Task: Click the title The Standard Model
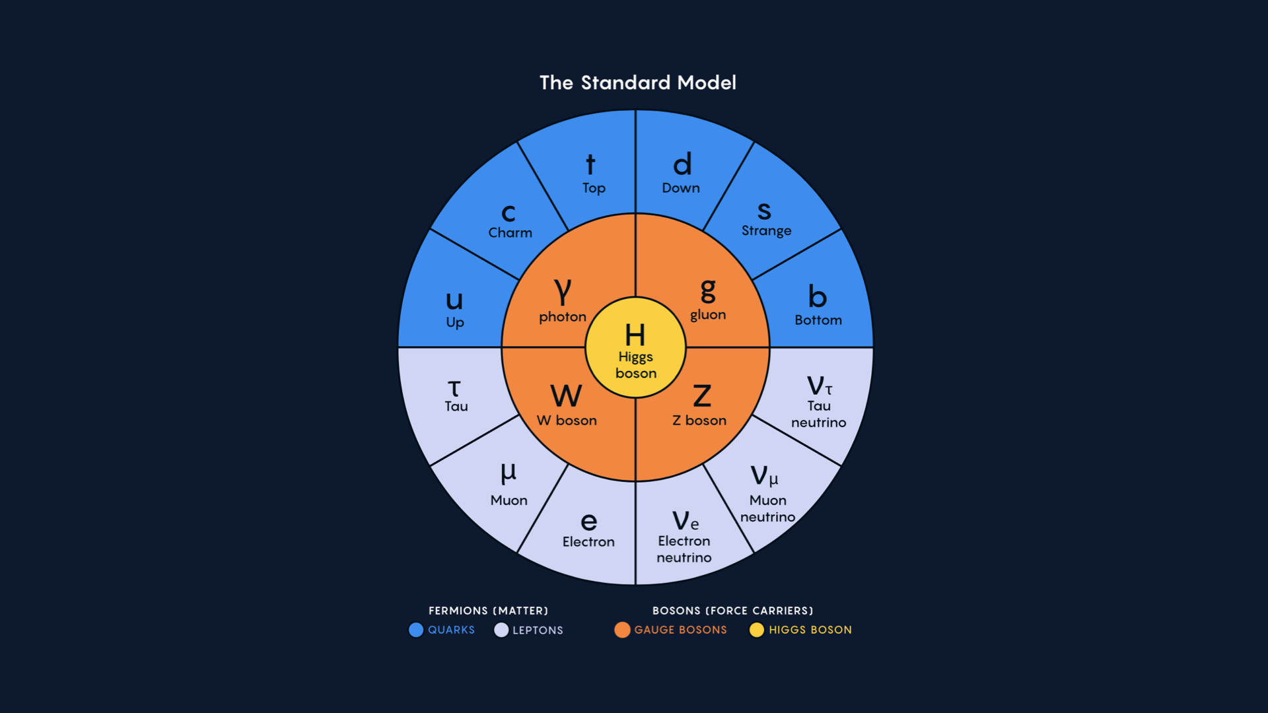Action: [637, 83]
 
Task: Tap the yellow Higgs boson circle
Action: [635, 348]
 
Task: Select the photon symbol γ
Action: [563, 290]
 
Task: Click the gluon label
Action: [708, 315]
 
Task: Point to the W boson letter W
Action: [566, 396]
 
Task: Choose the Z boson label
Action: [699, 421]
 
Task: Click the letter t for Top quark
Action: [590, 164]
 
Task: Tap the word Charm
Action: [510, 232]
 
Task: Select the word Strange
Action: [766, 230]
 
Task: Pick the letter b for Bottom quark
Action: [818, 296]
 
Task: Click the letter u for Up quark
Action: [454, 300]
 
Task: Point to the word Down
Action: [681, 188]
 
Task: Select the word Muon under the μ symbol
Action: [509, 500]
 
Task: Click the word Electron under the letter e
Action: [588, 542]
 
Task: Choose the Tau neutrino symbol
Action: [819, 386]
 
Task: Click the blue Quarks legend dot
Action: [416, 630]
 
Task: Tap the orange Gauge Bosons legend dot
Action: [622, 630]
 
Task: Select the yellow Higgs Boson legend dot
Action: [757, 630]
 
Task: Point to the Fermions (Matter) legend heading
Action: [488, 611]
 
